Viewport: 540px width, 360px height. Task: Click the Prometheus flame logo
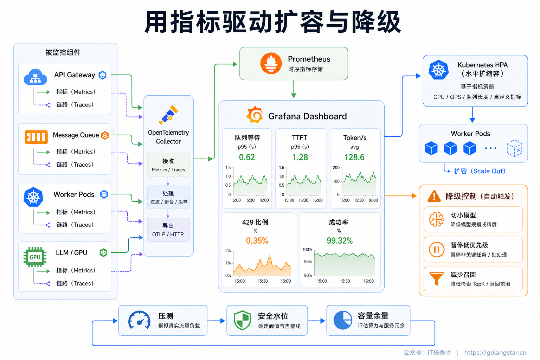tap(271, 63)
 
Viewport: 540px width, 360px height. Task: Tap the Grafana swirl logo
tap(255, 115)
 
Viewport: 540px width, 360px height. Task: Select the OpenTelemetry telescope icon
tap(168, 115)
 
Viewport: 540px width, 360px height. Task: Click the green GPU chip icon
tap(35, 257)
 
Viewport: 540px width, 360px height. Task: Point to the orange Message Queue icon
tap(36, 137)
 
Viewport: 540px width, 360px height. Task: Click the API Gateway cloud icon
tap(36, 77)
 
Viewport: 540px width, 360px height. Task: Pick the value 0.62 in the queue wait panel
tap(247, 157)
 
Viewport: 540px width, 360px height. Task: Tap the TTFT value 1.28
tap(300, 157)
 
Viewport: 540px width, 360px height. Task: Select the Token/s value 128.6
tap(354, 157)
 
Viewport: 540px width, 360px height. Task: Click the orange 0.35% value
tap(257, 240)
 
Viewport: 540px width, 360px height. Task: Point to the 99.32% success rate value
tap(340, 240)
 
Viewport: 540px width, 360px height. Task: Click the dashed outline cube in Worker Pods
tap(514, 148)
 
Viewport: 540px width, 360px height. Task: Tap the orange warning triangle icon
tap(434, 196)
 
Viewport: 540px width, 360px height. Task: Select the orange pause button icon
tap(437, 250)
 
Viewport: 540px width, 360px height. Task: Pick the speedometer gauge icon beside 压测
tap(139, 320)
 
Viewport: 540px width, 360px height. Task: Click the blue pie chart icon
tap(343, 320)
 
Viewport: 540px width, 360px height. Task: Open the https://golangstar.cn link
tap(495, 353)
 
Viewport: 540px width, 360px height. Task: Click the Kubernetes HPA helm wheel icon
tap(438, 70)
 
